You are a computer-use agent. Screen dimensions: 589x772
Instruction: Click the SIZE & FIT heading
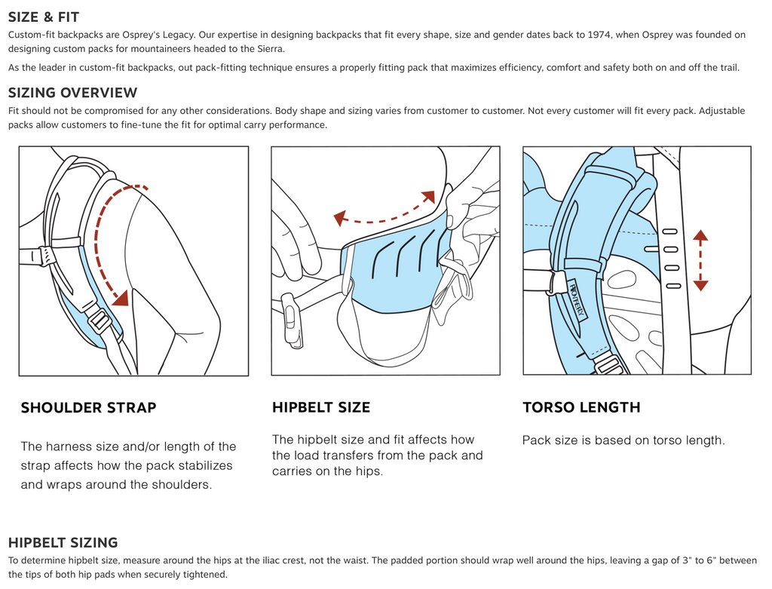coord(44,17)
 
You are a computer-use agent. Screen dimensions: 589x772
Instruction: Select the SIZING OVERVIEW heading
coord(73,93)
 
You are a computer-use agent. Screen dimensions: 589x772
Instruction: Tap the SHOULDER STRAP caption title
coord(88,408)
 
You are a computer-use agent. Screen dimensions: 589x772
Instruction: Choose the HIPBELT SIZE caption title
coord(321,408)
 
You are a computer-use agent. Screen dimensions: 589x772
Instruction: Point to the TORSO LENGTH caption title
coord(581,408)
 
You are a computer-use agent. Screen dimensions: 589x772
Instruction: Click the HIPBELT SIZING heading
coord(63,542)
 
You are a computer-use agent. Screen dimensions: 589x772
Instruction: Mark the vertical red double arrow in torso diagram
coord(700,261)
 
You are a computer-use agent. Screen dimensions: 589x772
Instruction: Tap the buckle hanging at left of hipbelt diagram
coord(292,320)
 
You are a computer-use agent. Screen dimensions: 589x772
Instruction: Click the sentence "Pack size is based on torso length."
coord(623,440)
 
